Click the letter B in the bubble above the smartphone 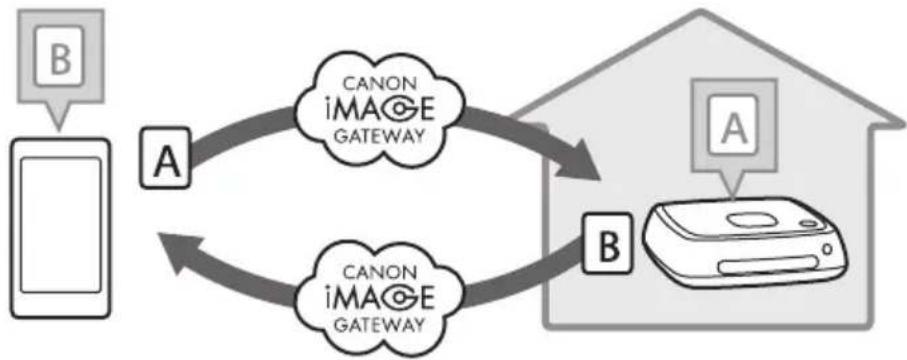click(x=60, y=59)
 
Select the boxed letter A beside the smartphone click(x=166, y=156)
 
